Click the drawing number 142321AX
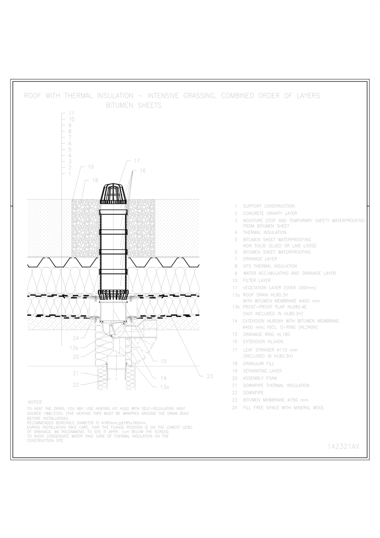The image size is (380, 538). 343,446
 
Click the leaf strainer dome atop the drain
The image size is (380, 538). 113,193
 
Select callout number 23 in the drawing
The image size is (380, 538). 209,376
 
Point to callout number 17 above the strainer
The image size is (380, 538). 137,161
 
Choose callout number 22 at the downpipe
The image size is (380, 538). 76,384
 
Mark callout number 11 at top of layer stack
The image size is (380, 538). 71,113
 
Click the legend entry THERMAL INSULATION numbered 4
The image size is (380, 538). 264,233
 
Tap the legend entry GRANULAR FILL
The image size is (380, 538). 259,363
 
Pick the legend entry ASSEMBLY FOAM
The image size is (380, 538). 260,378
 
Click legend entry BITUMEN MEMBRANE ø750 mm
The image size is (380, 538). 275,400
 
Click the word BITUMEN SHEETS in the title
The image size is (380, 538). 134,105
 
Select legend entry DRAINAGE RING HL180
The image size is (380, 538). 267,334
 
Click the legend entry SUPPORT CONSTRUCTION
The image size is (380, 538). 269,206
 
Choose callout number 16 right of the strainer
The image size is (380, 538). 142,171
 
